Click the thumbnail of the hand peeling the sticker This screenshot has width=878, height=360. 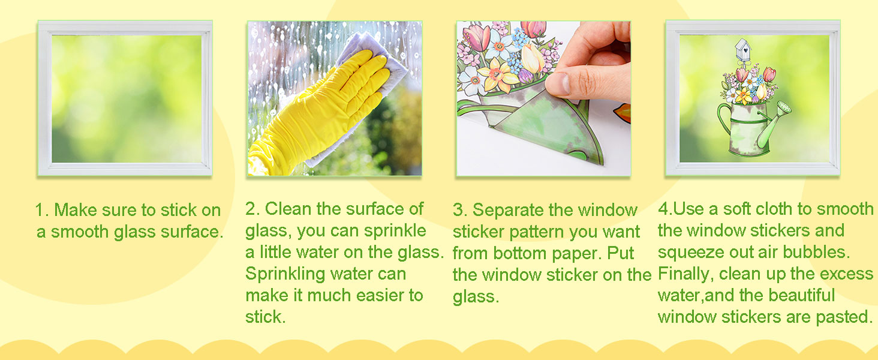point(543,98)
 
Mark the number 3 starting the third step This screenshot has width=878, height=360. point(459,210)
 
